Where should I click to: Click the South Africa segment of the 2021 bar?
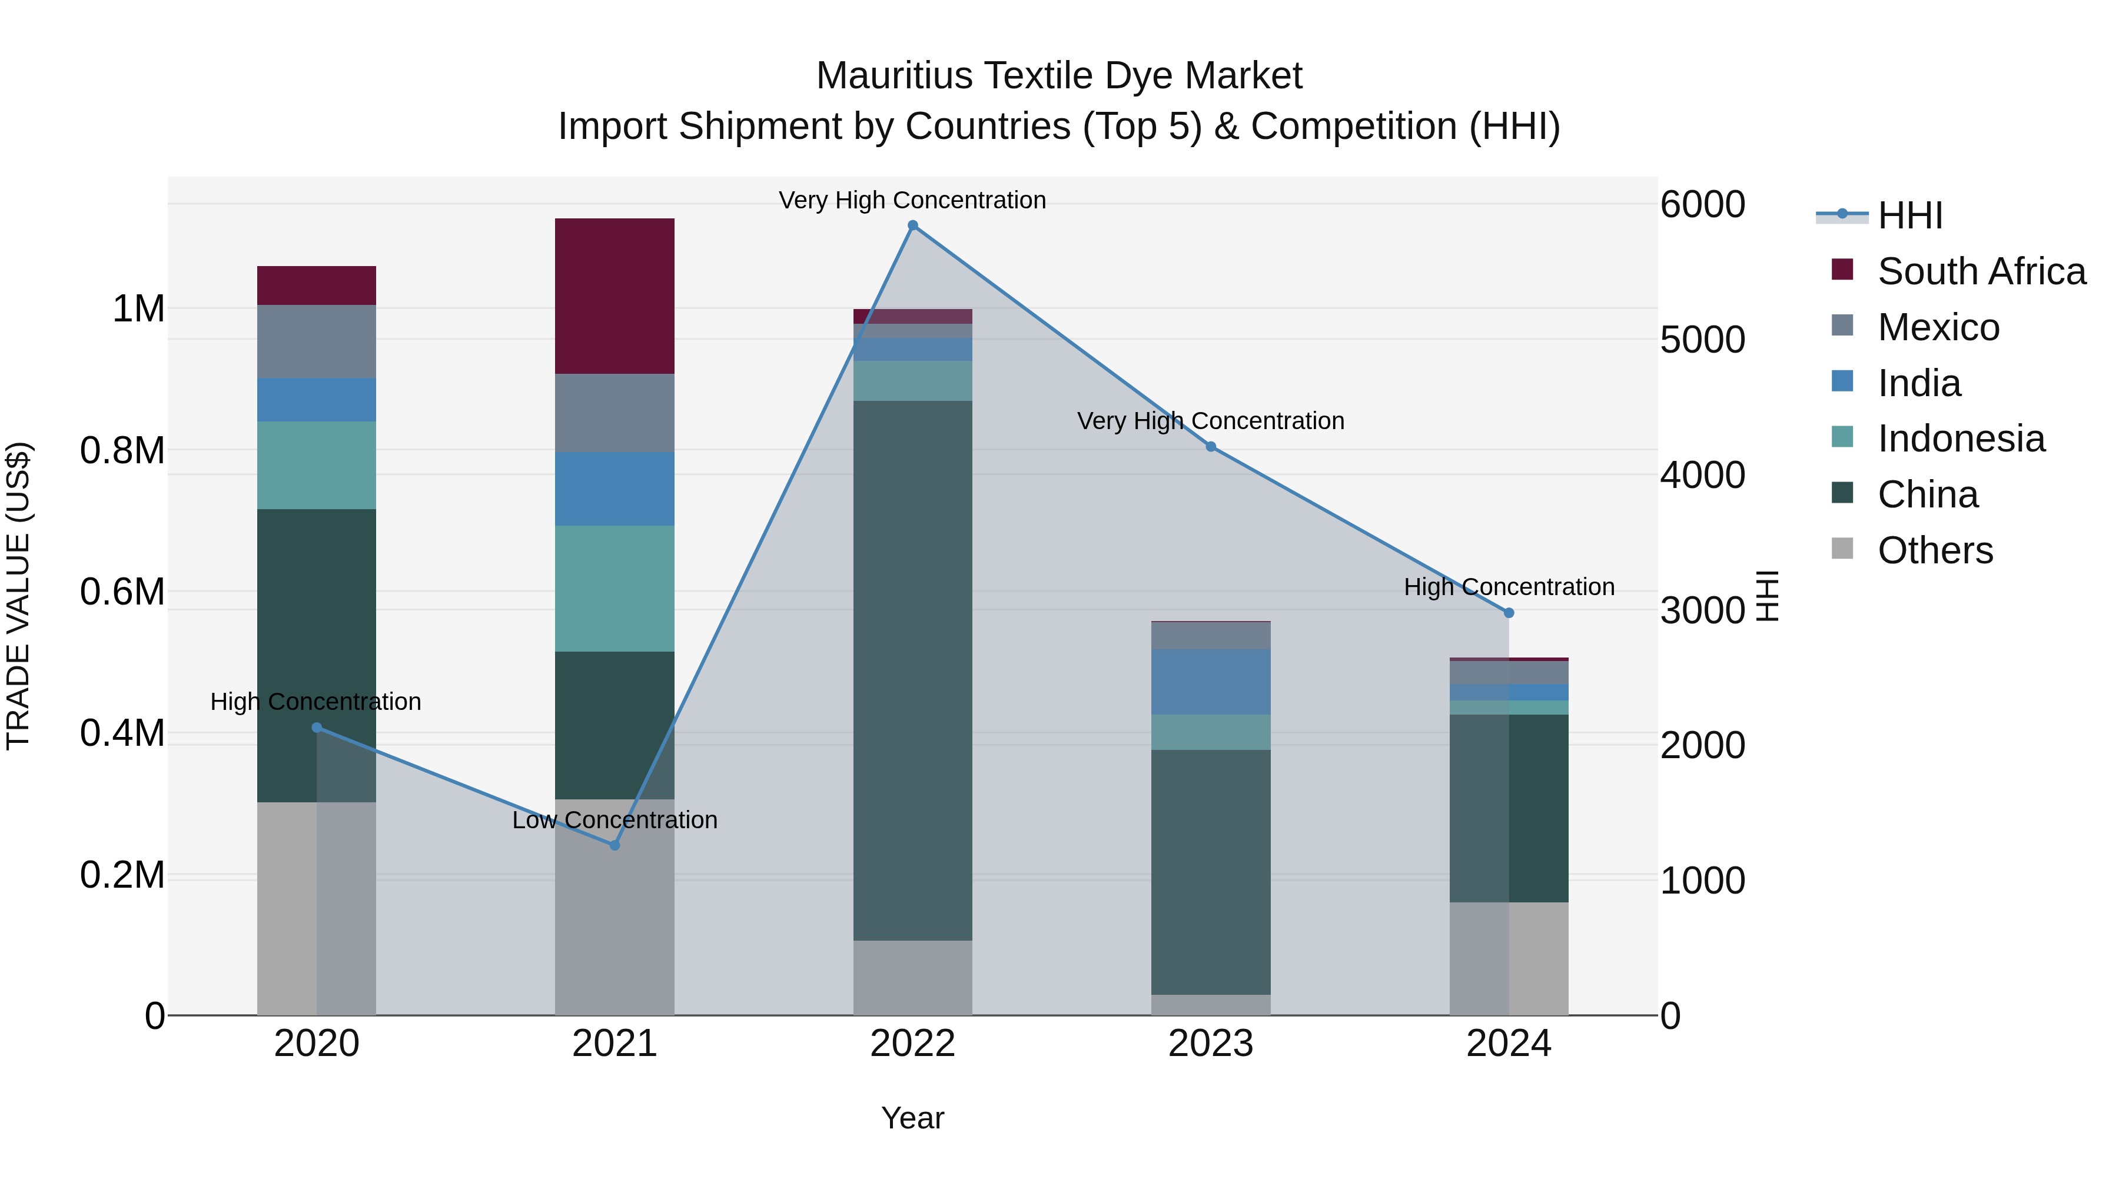pyautogui.click(x=615, y=295)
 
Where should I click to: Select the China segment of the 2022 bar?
pyautogui.click(x=912, y=670)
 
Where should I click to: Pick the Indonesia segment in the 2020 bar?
pyautogui.click(x=317, y=465)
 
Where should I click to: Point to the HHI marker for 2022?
pyautogui.click(x=912, y=225)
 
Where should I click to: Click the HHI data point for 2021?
pyautogui.click(x=615, y=845)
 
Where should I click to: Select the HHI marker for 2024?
pyautogui.click(x=1509, y=613)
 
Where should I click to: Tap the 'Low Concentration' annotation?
pyautogui.click(x=615, y=820)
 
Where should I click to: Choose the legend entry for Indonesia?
pyautogui.click(x=1960, y=439)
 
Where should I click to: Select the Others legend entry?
pyautogui.click(x=1935, y=550)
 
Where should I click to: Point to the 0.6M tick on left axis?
pyautogui.click(x=122, y=592)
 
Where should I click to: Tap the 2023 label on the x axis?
pyautogui.click(x=1210, y=1044)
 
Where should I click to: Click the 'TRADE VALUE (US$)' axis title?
pyautogui.click(x=18, y=596)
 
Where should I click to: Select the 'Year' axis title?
pyautogui.click(x=912, y=1118)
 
